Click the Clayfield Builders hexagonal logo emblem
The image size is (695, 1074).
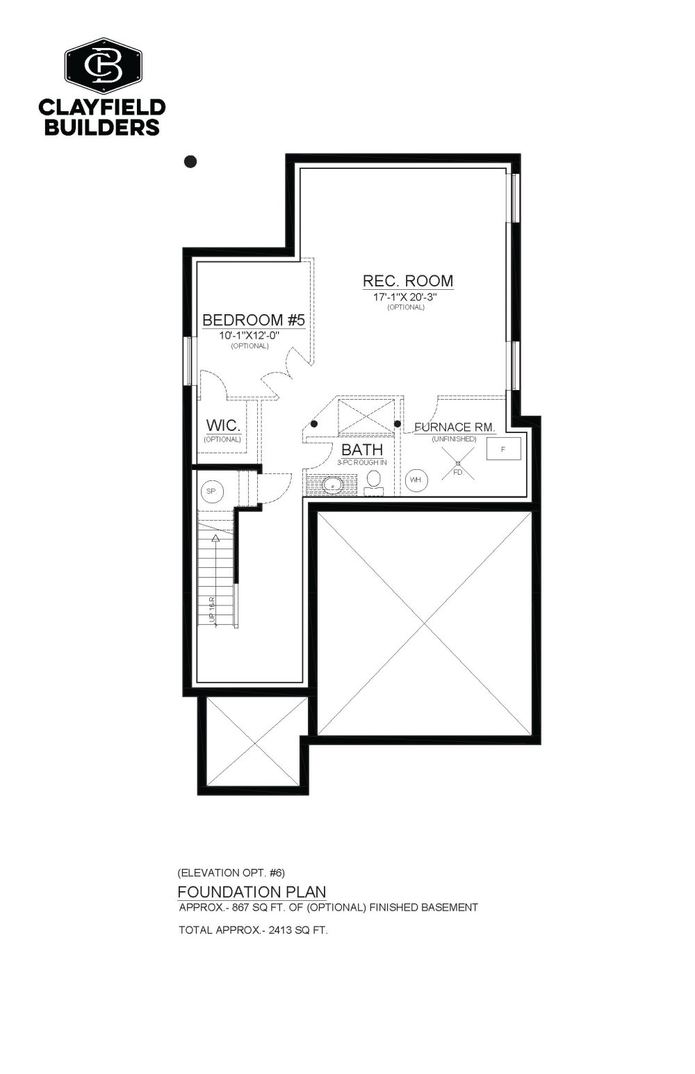(104, 65)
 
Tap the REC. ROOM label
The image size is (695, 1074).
(407, 280)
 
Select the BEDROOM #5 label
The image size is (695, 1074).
(254, 319)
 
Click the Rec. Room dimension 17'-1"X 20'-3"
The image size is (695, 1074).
(405, 297)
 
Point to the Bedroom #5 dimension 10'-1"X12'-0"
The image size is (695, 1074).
(250, 336)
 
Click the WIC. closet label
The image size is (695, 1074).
(223, 425)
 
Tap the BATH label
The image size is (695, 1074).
(362, 450)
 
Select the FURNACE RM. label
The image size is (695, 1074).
(455, 427)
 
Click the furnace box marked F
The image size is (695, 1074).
(503, 449)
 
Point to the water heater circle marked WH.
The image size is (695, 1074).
(416, 480)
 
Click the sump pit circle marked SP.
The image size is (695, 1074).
(212, 491)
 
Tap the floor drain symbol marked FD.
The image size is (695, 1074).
(458, 464)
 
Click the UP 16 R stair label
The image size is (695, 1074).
(212, 610)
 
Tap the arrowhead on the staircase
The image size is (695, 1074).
(215, 537)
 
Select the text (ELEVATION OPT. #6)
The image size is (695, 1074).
(231, 872)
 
